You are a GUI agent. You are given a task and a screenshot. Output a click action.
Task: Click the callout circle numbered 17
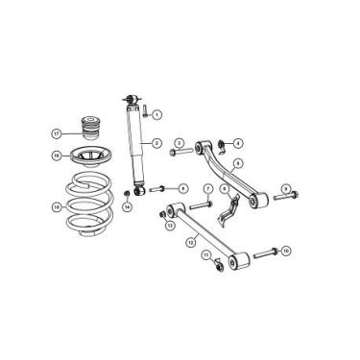click(57, 132)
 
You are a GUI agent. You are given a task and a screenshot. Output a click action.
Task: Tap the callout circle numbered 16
click(57, 155)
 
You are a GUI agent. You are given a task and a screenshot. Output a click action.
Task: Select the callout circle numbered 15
click(57, 205)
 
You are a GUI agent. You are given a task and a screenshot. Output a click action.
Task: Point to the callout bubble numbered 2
click(156, 145)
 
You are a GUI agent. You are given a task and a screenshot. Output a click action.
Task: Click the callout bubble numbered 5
click(236, 163)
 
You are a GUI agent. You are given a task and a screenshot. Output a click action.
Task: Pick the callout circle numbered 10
click(286, 251)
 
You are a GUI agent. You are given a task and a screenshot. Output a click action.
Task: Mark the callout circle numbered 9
click(285, 187)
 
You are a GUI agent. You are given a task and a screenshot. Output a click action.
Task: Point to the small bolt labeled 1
click(144, 115)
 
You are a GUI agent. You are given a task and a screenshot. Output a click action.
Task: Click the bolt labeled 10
click(267, 251)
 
